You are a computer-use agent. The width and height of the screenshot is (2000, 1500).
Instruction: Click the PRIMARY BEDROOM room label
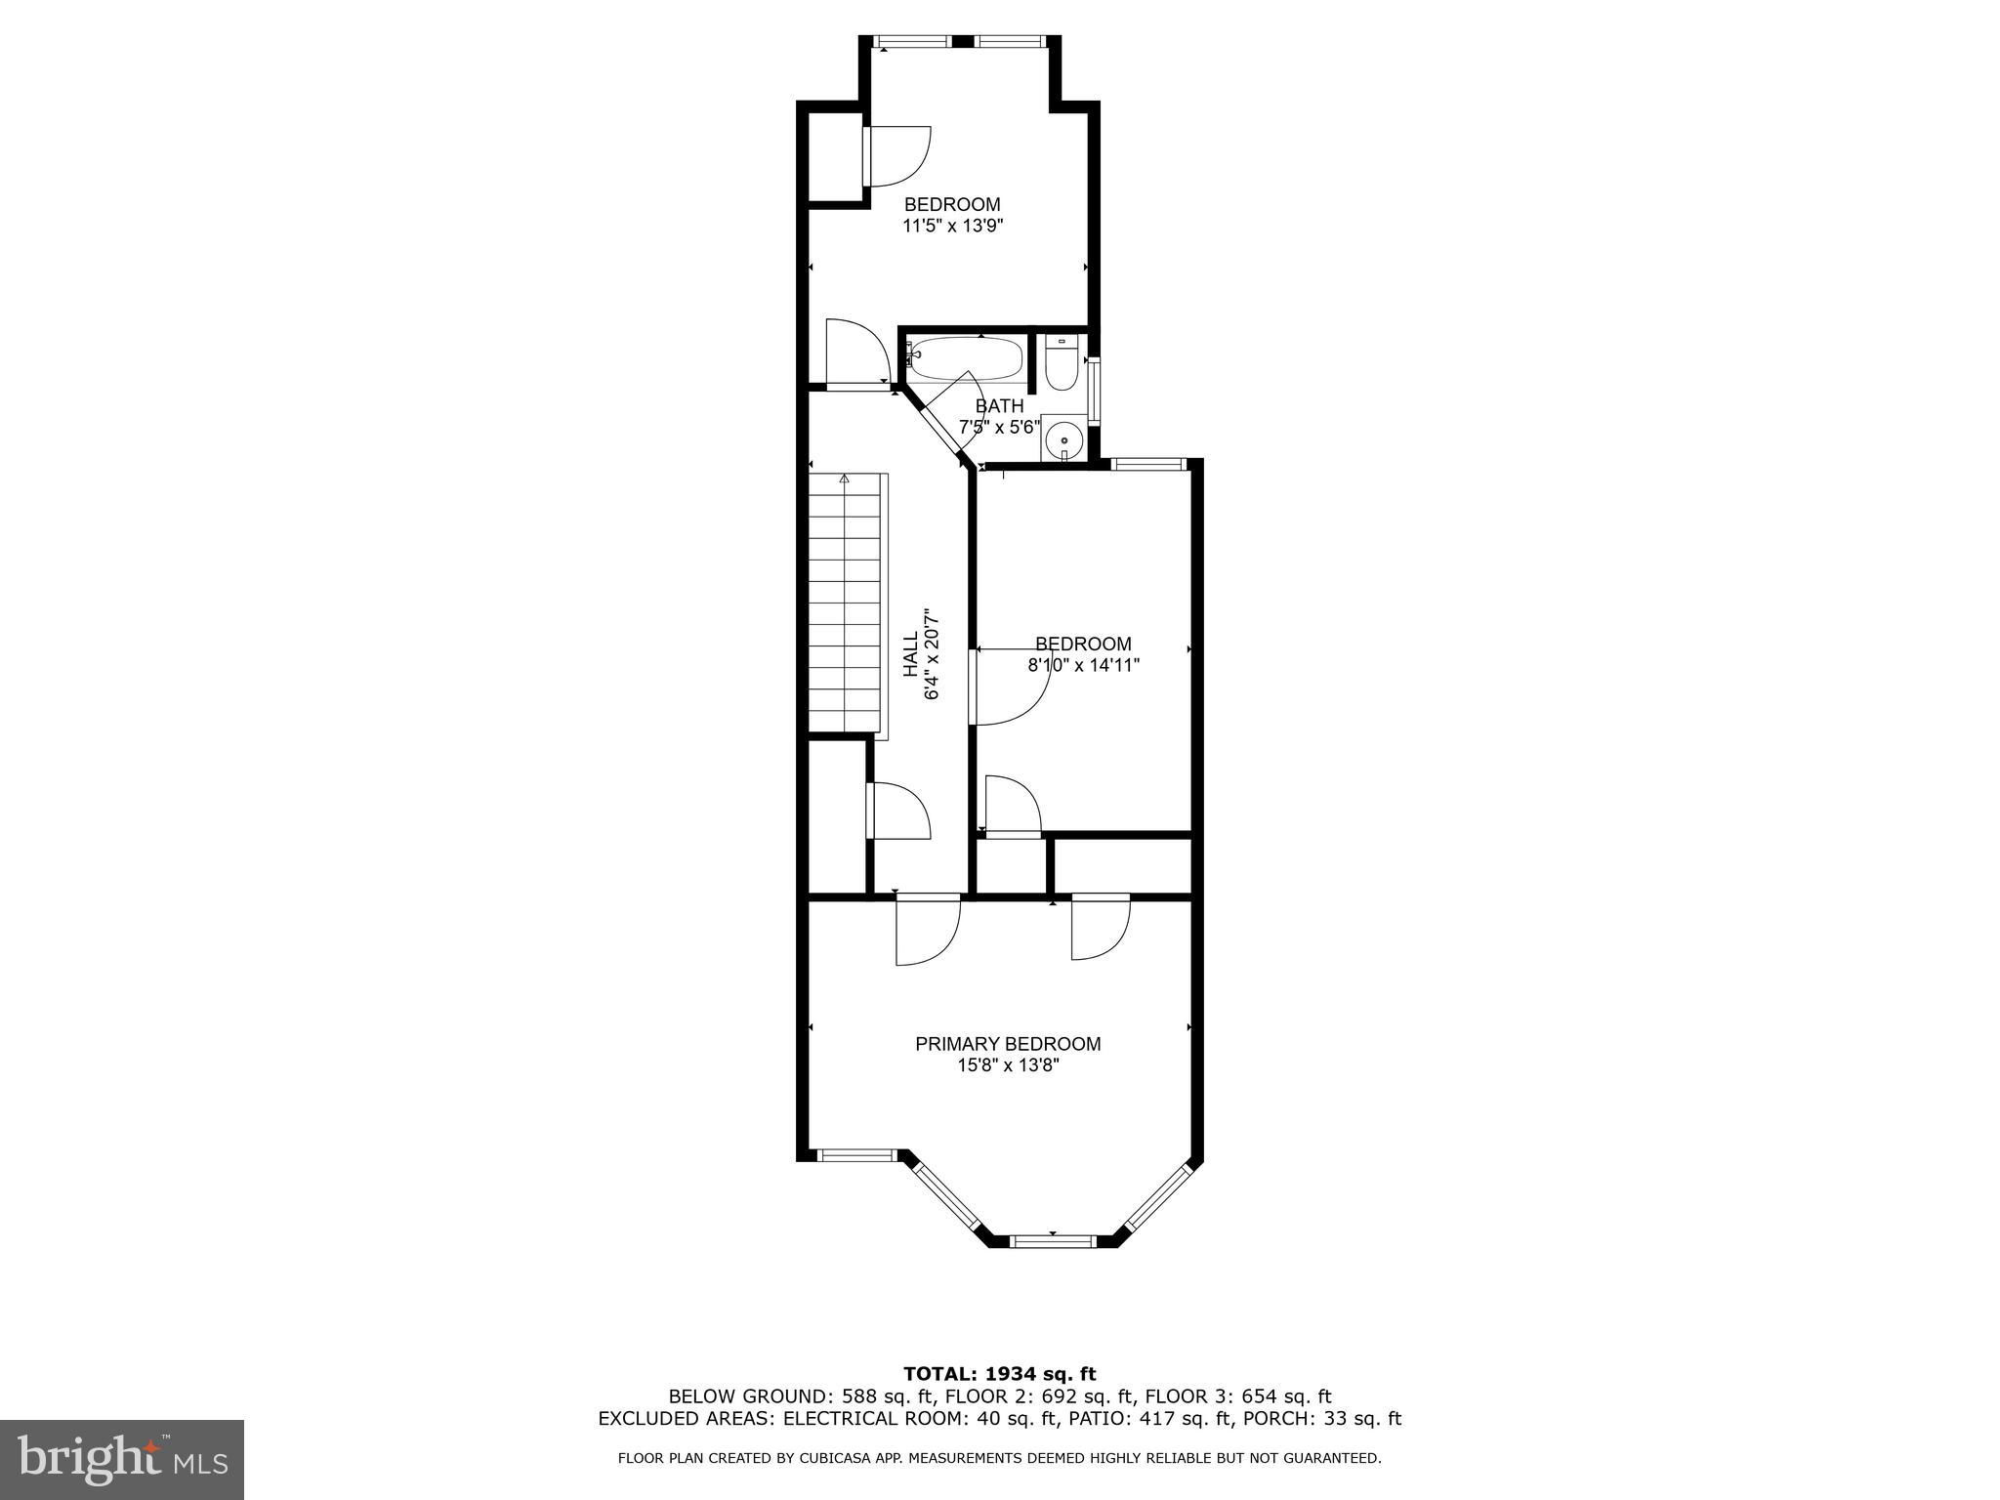1008,1044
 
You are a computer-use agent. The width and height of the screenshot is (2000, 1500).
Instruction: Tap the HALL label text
910,655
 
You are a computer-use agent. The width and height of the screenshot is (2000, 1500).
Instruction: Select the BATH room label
1000,406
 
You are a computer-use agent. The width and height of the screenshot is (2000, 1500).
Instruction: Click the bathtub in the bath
964,358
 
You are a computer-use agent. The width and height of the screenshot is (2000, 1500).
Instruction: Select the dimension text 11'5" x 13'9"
953,227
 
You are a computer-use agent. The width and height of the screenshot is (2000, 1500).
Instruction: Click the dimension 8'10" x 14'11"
1084,666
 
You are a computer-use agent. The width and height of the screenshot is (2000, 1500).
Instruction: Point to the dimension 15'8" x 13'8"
1008,1066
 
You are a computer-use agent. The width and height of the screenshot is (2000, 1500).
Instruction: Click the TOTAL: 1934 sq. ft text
1000,1375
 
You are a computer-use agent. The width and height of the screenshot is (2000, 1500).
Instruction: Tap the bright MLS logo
122,1460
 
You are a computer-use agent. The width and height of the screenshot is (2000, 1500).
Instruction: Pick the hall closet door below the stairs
898,810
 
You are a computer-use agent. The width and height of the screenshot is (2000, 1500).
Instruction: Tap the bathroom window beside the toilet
1094,391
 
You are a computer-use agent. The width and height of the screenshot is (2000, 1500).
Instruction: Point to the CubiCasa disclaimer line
1000,1459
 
